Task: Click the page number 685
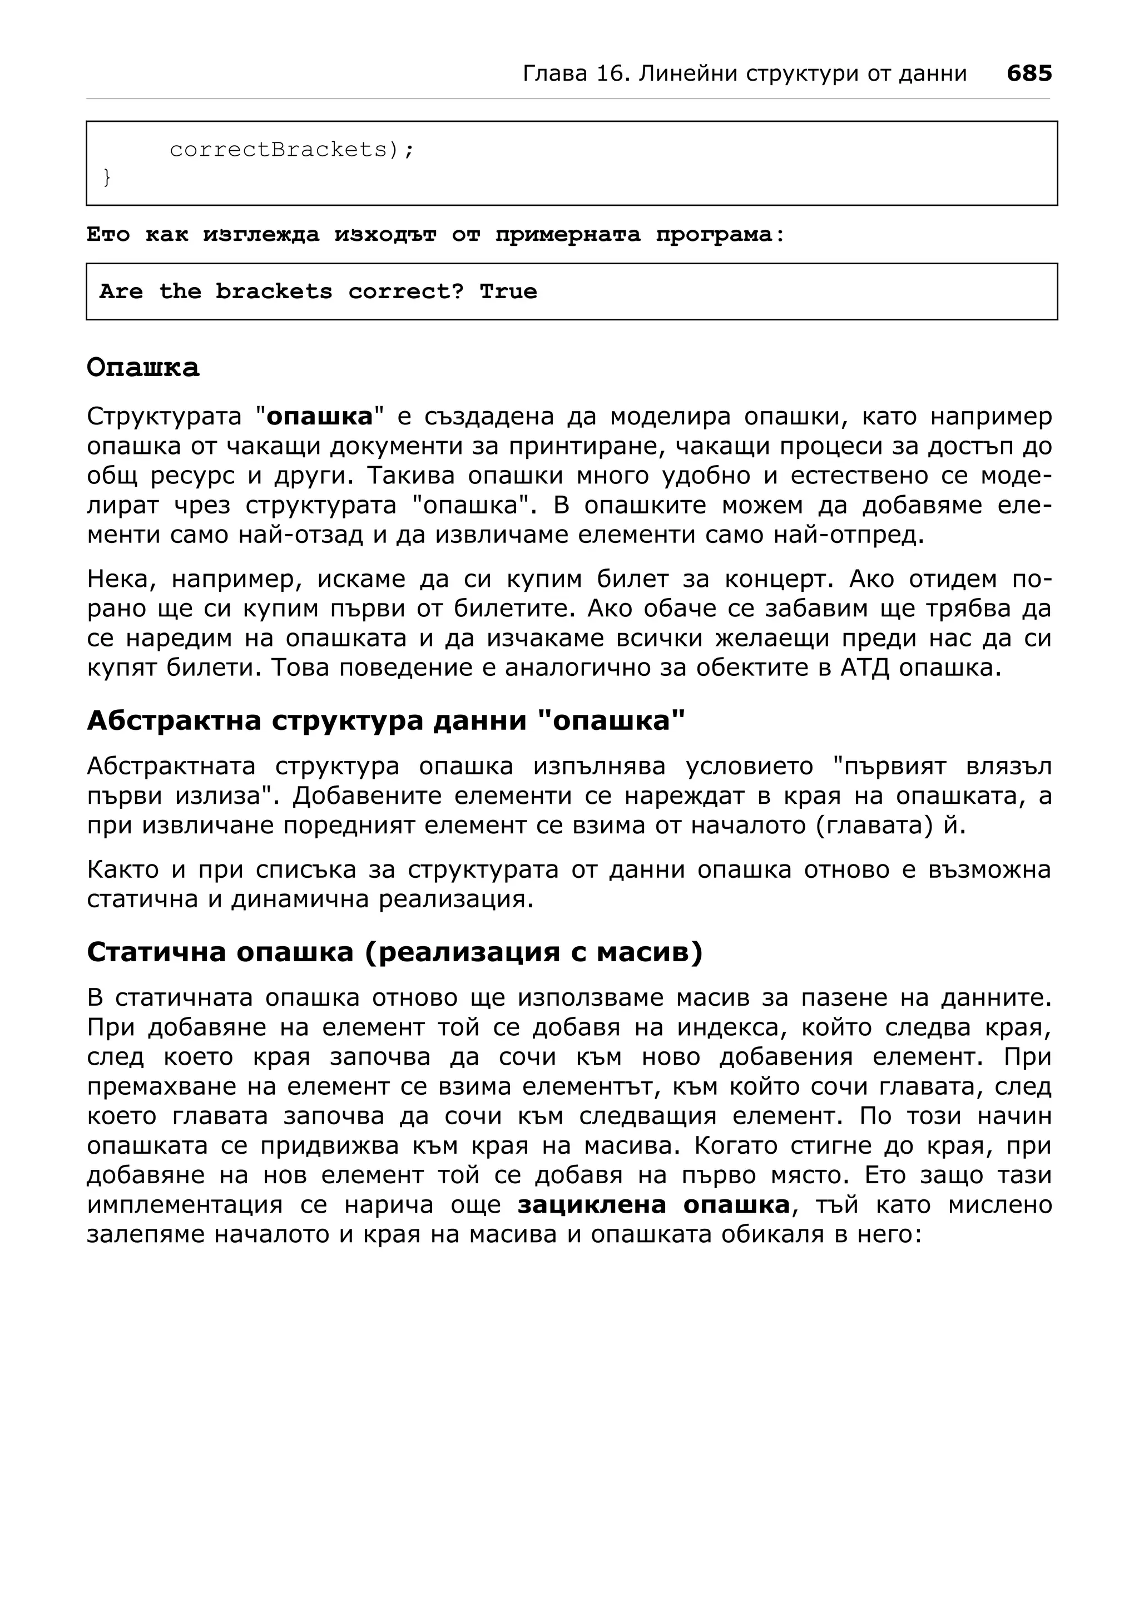point(1029,73)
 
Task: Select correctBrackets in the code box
point(278,150)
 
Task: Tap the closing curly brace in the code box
point(107,177)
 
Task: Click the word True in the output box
point(508,291)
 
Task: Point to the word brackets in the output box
point(274,291)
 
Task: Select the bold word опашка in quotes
point(320,417)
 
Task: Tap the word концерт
point(779,579)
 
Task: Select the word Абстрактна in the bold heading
point(173,721)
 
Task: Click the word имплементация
point(184,1205)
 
